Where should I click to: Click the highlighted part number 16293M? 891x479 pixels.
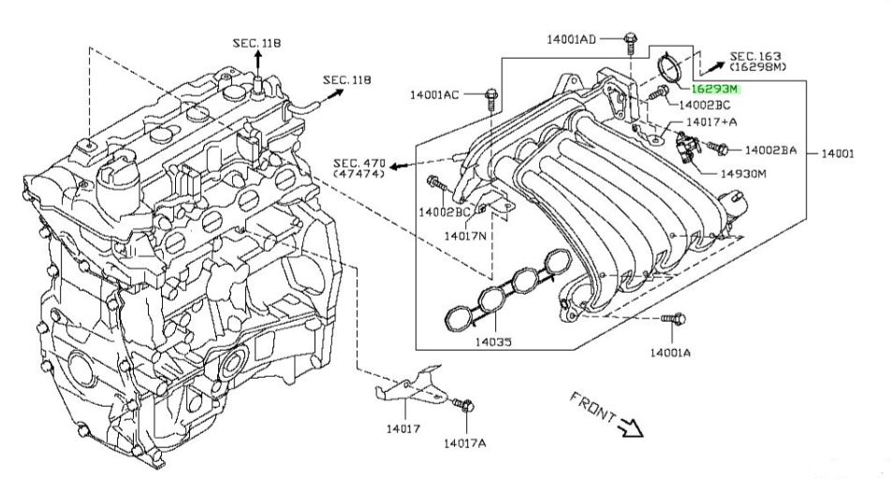[714, 89]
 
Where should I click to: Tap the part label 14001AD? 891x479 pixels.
[571, 39]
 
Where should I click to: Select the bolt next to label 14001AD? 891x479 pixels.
[630, 43]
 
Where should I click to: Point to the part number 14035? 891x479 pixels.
[493, 341]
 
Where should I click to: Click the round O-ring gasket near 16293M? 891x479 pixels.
[671, 67]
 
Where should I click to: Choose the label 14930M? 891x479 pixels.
[743, 173]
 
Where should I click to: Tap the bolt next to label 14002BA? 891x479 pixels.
[718, 148]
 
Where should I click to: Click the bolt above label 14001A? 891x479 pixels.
[674, 319]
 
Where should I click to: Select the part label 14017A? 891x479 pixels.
[465, 443]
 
